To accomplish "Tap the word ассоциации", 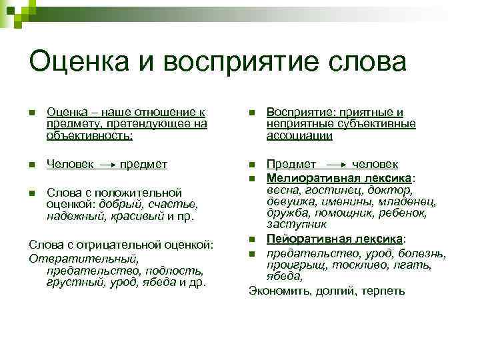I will point(299,135).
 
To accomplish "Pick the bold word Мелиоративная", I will point(311,178).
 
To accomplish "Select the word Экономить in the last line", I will point(277,291).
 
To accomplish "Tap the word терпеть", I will point(383,291).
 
